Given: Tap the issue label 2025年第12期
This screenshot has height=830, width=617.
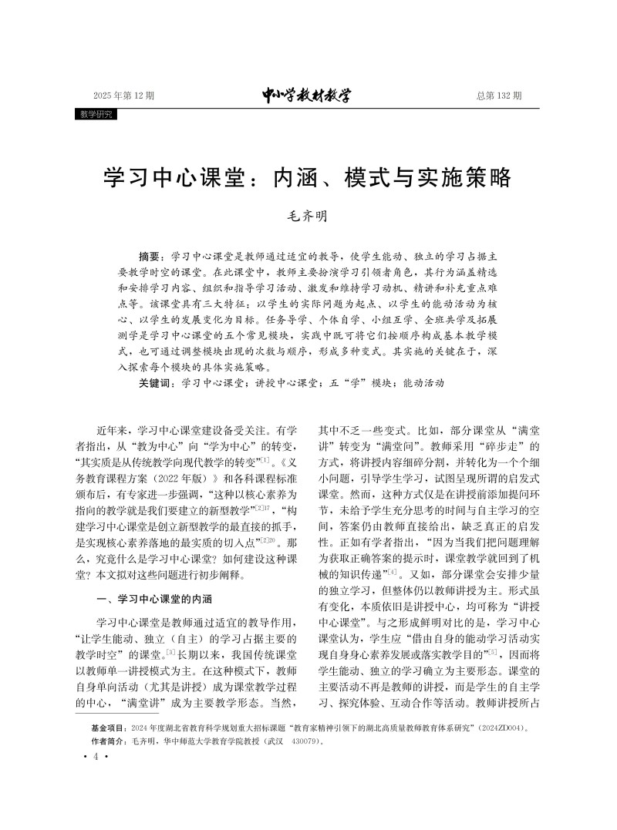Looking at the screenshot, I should (123, 96).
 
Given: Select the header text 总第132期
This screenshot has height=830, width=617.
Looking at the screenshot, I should (499, 96).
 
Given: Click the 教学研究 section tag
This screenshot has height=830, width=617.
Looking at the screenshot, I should (96, 114).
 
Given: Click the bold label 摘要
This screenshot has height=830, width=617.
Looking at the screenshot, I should (152, 255).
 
